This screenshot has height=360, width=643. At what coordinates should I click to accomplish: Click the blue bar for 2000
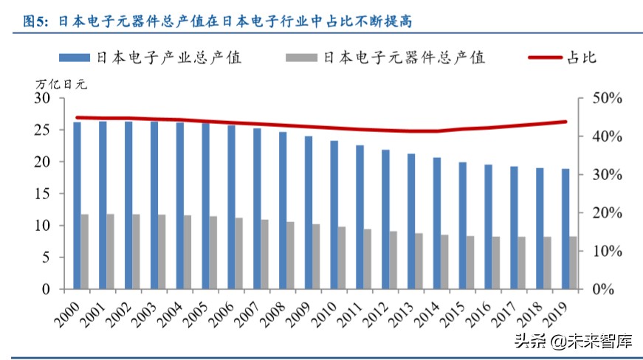[x=77, y=205]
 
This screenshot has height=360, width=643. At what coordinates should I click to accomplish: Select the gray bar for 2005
[x=213, y=252]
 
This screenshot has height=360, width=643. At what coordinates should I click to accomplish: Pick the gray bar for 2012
[x=393, y=260]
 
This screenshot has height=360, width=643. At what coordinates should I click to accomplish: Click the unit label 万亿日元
[x=61, y=83]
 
